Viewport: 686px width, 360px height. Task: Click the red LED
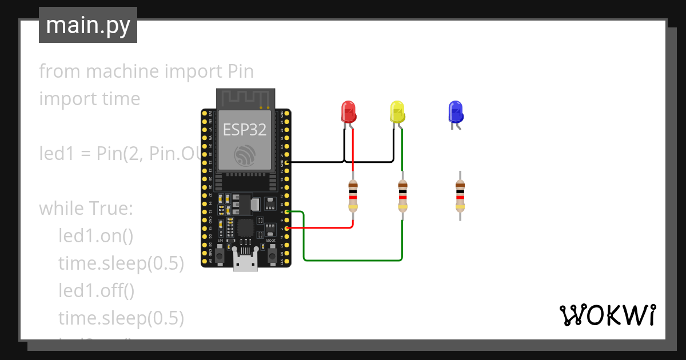tap(348, 112)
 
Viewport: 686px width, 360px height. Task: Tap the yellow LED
tap(397, 112)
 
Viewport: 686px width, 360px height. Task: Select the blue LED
tap(455, 112)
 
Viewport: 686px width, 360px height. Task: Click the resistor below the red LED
tap(353, 195)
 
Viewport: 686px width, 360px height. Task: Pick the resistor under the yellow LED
tap(402, 195)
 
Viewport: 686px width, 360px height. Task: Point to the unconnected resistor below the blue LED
tap(460, 195)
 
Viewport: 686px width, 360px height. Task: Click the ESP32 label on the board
tap(245, 130)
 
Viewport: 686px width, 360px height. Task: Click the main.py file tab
tap(88, 25)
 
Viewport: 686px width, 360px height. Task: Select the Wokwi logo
tap(607, 315)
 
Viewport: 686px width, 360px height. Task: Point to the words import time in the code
tap(89, 99)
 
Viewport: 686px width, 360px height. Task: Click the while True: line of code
tap(86, 209)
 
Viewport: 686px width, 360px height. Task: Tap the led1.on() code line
tap(95, 236)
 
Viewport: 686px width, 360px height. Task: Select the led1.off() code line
tap(97, 291)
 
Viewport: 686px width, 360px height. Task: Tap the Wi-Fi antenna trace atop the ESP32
tap(245, 98)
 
